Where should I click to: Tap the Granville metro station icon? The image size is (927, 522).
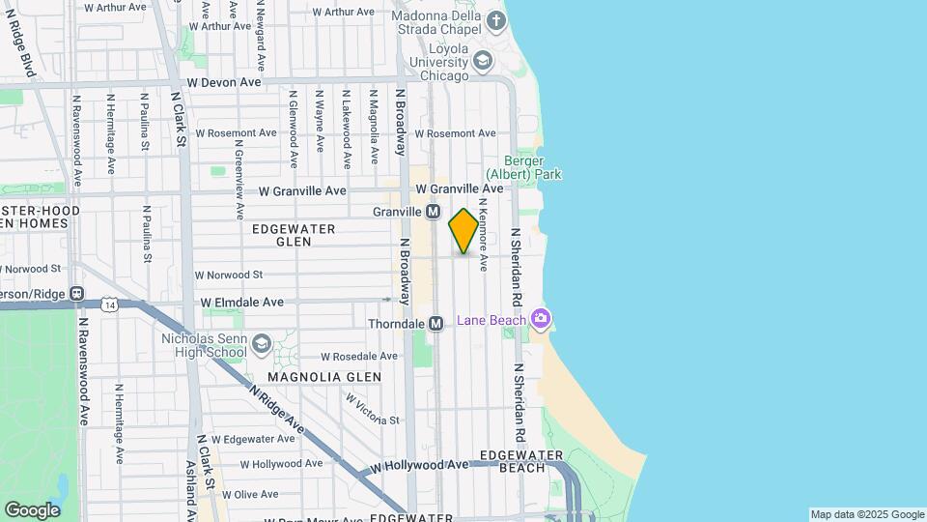434,212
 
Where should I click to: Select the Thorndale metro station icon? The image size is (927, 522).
435,324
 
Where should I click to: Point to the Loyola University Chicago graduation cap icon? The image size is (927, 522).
482,63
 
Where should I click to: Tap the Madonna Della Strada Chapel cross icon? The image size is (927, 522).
495,20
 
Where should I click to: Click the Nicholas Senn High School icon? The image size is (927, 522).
262,344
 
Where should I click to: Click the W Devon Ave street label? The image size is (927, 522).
225,83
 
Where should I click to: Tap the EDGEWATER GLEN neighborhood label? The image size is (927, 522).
294,235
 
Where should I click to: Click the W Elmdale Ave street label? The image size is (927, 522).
242,303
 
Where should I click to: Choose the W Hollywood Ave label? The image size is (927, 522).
418,465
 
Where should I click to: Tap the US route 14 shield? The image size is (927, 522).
111,305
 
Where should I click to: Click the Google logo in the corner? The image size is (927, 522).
32,509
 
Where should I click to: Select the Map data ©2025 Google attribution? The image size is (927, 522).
866,514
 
